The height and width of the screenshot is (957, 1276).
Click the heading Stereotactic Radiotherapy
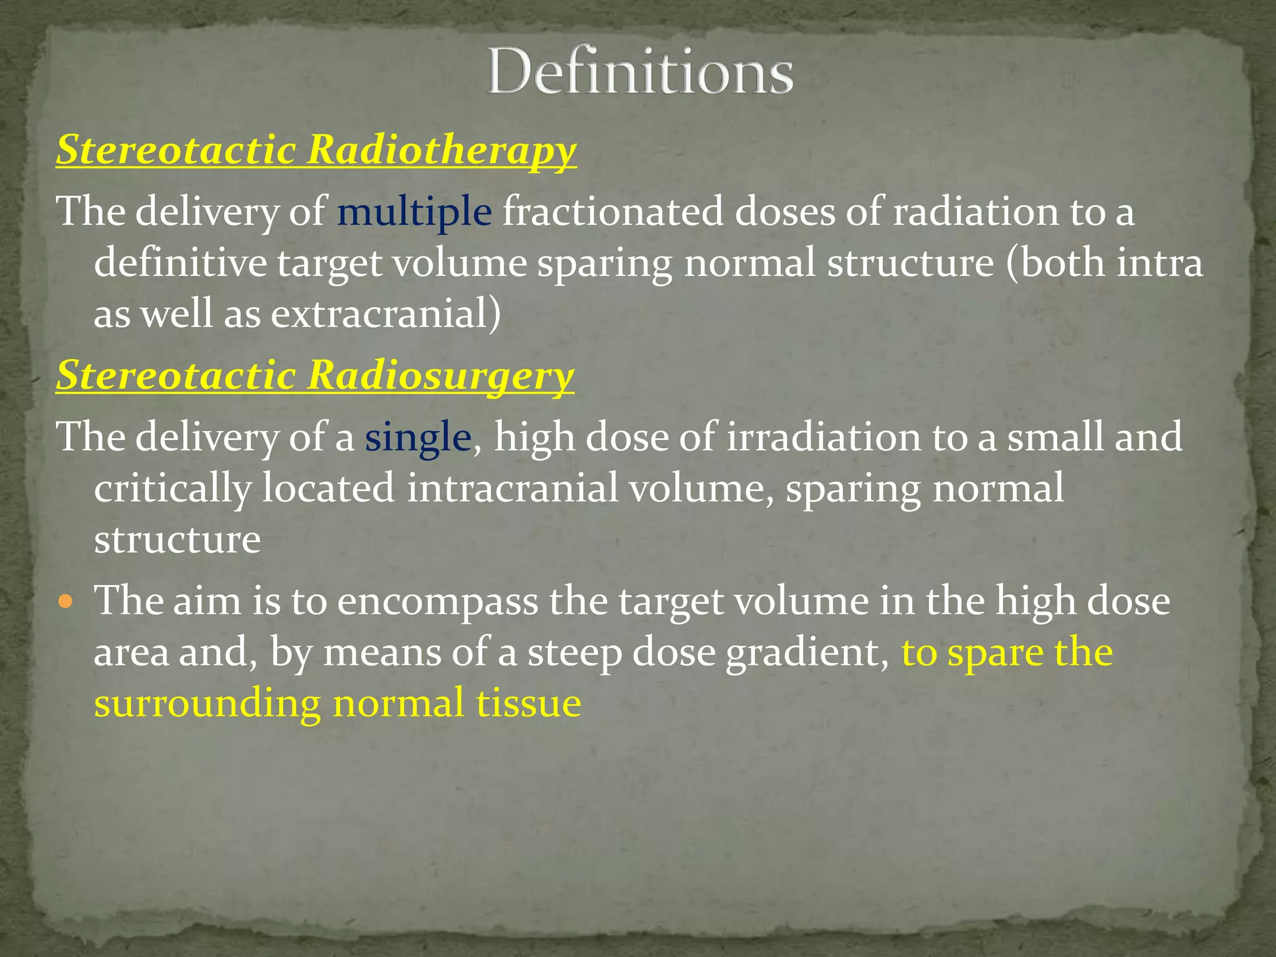click(x=316, y=150)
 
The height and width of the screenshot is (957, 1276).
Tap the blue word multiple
click(x=414, y=212)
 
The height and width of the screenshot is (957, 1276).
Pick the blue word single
click(x=417, y=437)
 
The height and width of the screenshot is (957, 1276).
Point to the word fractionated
click(x=613, y=212)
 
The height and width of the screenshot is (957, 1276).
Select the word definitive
click(x=181, y=263)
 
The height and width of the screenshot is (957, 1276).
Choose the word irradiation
click(x=824, y=437)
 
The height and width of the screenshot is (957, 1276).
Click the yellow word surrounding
click(x=207, y=704)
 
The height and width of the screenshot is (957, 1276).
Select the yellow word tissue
click(x=528, y=704)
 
